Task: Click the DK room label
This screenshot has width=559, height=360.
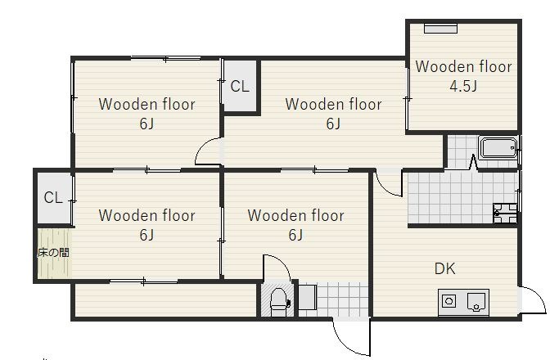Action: coord(445,268)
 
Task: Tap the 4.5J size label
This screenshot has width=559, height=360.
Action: coord(463,86)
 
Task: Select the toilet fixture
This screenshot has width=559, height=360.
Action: coord(279,302)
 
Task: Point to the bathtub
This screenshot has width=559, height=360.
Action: coord(498,147)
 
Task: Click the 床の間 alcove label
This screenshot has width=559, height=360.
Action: coord(53,253)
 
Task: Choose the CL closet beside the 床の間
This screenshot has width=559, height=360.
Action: coord(53,197)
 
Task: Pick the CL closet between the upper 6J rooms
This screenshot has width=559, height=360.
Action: coord(240,86)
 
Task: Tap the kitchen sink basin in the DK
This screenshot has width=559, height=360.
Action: coord(476,302)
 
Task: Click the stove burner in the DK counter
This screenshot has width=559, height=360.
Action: coord(449,301)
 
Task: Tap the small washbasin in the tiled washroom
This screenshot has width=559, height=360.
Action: coord(505,214)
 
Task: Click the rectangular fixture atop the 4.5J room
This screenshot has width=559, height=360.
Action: coord(440,29)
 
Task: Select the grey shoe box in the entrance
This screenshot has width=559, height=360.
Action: coord(307,297)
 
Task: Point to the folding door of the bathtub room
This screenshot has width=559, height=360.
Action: coord(473,162)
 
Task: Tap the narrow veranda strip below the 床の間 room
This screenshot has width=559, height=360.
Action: coord(166,299)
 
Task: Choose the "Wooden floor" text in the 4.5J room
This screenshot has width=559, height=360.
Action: coord(463,66)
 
